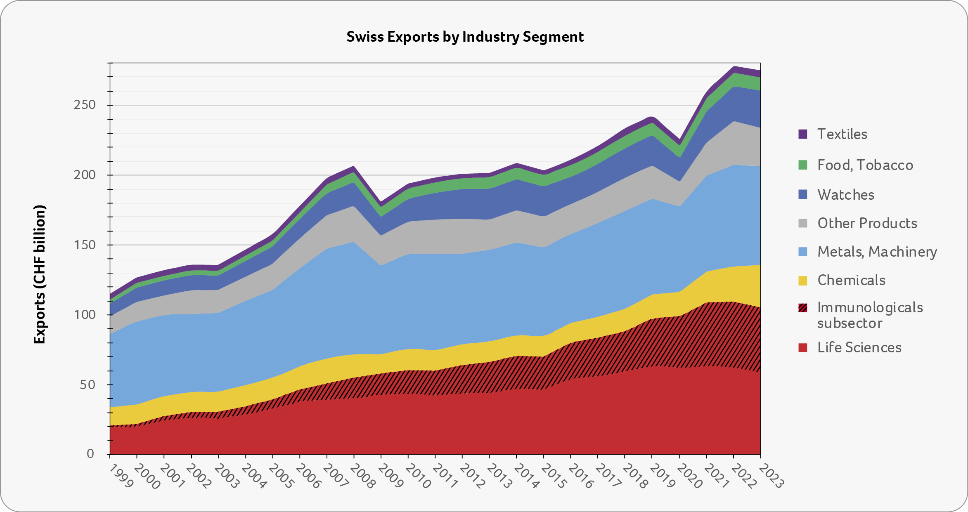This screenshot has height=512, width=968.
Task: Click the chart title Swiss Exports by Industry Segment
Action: point(465,37)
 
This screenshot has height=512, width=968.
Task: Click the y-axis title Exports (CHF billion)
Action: point(40,274)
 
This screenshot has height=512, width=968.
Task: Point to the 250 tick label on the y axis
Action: point(85,105)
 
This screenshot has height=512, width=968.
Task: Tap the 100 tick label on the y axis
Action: point(85,315)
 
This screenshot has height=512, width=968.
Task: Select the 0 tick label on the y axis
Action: point(90,454)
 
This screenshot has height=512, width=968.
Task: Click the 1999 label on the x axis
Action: point(121,475)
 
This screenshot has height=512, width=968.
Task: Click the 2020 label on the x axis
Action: point(689,476)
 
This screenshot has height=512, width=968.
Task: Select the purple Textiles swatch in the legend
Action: point(803,134)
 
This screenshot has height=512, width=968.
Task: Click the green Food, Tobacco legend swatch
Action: point(803,165)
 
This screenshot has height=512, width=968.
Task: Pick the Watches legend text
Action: point(846,195)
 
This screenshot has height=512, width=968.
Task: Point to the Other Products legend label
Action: point(867,223)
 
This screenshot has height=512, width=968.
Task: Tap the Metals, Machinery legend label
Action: point(877,252)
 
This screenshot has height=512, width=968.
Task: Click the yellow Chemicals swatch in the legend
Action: point(803,281)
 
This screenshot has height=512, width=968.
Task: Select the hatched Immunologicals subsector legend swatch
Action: point(803,308)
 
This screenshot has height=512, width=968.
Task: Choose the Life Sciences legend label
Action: point(859,347)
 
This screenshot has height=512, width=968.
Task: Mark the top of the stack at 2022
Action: point(734,67)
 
